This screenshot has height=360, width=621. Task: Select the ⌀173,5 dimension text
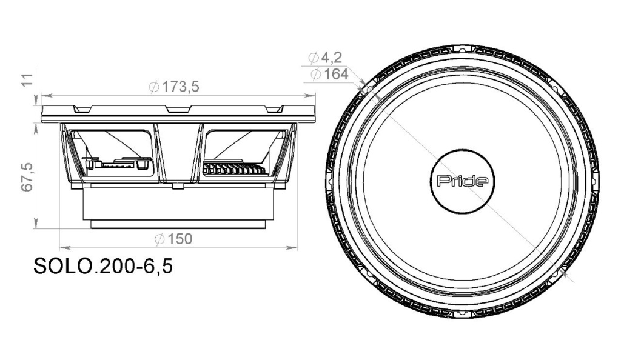point(174,87)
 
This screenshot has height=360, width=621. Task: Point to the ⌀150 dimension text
point(173,239)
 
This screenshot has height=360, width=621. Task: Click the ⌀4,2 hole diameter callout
point(325,58)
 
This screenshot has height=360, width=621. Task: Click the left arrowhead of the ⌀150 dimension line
point(64,247)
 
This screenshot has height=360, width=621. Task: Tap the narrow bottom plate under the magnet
point(178,224)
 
